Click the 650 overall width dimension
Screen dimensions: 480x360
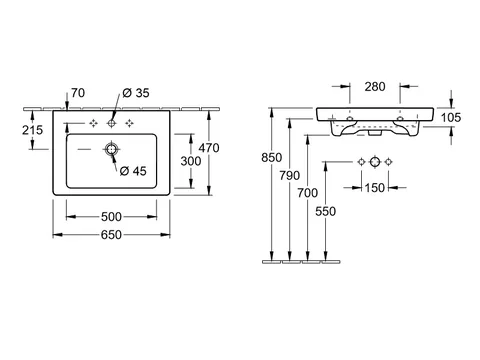[111, 235]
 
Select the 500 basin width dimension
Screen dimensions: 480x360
[111, 217]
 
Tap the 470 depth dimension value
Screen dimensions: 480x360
[209, 148]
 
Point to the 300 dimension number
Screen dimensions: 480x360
[191, 161]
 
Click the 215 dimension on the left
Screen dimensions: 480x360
[33, 130]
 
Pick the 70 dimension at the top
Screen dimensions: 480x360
[78, 93]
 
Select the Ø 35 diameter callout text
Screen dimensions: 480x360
[136, 93]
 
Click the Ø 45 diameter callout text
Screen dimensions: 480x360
[133, 171]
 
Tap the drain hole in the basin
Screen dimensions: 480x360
[112, 149]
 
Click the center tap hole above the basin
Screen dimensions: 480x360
[111, 124]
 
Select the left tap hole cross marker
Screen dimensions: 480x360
[94, 124]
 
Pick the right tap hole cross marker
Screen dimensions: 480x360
[129, 124]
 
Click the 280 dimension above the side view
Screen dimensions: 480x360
[375, 87]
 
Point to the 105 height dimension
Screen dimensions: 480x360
[451, 117]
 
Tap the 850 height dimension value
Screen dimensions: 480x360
[272, 157]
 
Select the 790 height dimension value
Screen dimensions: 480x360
[290, 175]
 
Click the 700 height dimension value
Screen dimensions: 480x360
[308, 193]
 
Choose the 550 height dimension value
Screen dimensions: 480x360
[326, 211]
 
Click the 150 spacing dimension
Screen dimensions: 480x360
[375, 188]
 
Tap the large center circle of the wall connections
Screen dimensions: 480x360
[375, 162]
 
